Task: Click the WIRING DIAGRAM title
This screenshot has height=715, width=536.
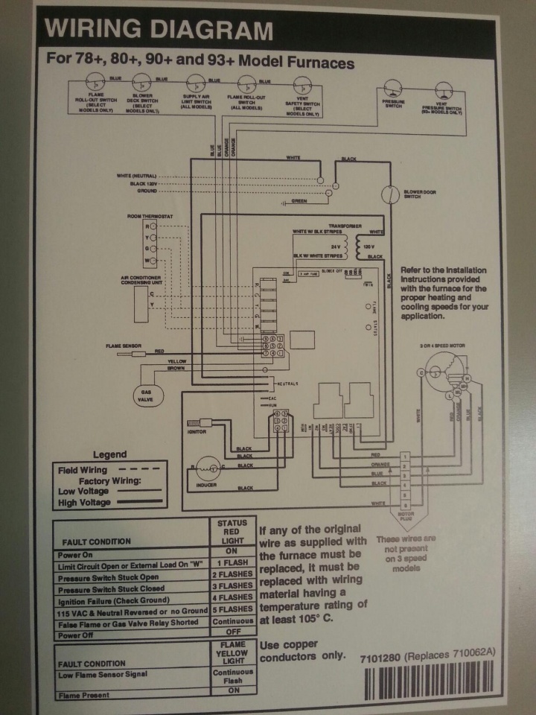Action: (159, 31)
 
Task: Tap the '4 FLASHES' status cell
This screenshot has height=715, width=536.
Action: (233, 597)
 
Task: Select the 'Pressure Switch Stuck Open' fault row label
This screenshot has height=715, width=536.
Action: (108, 577)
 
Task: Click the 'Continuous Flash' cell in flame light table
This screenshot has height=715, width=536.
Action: (233, 676)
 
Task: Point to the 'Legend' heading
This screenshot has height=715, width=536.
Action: (109, 454)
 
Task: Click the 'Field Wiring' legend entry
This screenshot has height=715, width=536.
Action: (83, 470)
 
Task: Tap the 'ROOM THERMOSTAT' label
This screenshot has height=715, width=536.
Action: (150, 215)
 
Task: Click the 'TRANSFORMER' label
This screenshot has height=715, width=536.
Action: (344, 225)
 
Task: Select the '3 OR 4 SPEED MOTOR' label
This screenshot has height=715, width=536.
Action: (447, 346)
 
